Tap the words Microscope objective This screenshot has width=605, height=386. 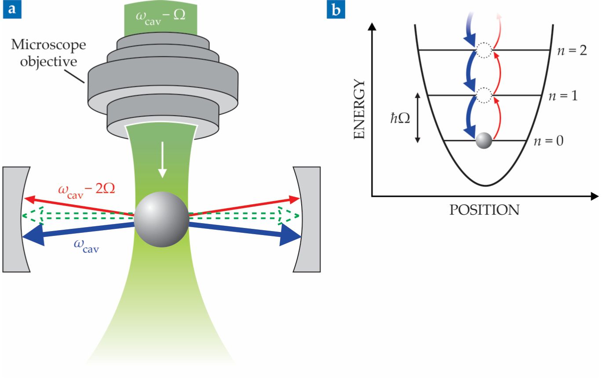click(48, 53)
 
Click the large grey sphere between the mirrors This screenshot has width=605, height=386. click(161, 219)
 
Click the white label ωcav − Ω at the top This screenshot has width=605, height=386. click(160, 17)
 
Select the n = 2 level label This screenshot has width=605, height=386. click(572, 50)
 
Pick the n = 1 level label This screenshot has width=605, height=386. click(563, 96)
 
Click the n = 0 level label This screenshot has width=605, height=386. click(548, 141)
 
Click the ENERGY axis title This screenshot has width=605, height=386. click(360, 110)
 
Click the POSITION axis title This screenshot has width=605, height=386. click(484, 210)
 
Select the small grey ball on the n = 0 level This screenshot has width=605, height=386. click(484, 140)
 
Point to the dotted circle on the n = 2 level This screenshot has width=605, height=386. click(484, 50)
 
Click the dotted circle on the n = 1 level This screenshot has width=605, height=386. click(484, 95)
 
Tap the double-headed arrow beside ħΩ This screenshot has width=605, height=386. click(418, 118)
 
